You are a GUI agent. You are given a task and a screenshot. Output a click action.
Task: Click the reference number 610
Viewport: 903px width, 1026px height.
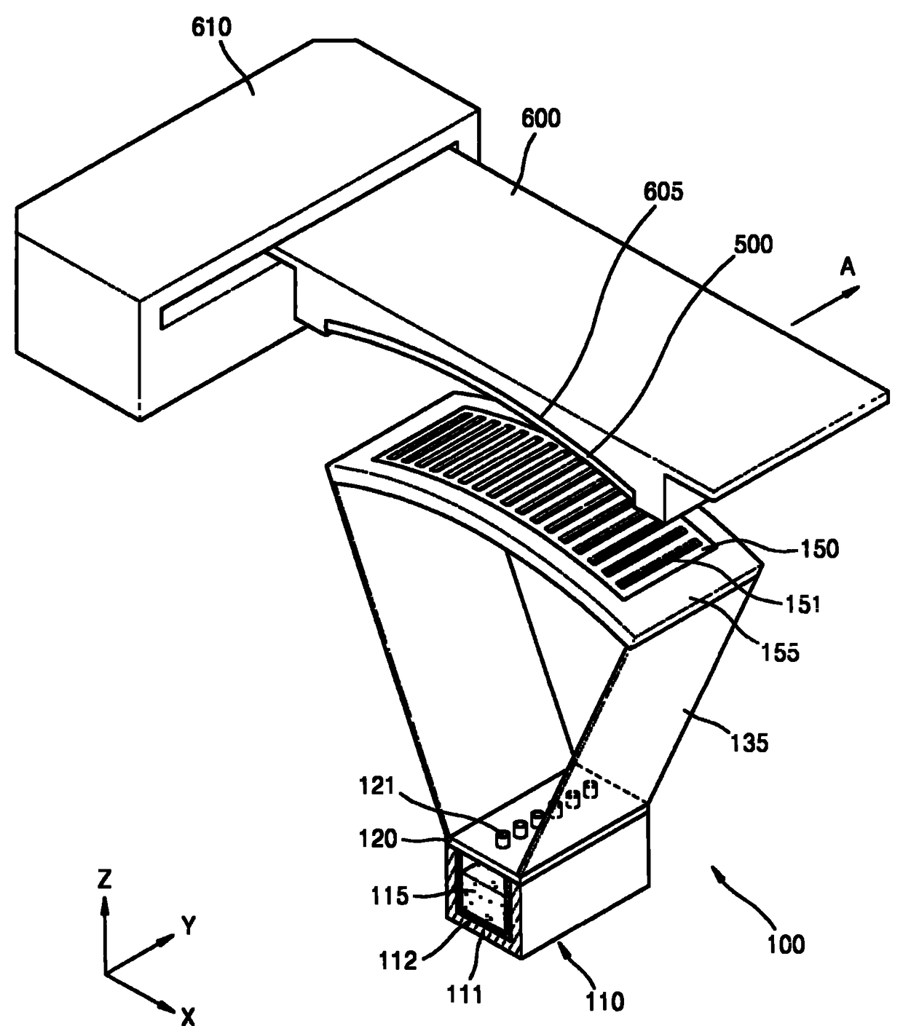[x=212, y=29]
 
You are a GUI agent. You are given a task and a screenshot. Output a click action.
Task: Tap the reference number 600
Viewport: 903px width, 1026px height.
[x=541, y=117]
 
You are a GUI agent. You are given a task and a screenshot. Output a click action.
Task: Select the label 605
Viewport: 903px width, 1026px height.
[x=664, y=193]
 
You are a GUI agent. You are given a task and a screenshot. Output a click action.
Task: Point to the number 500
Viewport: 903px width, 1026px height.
[x=753, y=245]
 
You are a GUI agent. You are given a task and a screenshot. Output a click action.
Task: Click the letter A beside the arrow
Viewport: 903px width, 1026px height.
[x=847, y=269]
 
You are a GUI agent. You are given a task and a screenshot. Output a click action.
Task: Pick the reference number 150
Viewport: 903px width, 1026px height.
[x=820, y=550]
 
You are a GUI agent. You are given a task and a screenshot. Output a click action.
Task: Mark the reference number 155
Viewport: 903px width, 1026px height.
[x=781, y=651]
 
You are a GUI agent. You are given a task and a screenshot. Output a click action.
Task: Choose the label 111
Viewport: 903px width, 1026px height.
[x=466, y=993]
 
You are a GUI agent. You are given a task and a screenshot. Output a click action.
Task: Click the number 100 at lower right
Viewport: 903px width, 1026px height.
[x=785, y=944]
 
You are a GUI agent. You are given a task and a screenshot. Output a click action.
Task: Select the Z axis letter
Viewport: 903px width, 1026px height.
[x=106, y=881]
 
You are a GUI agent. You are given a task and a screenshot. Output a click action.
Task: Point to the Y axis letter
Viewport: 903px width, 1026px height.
[x=189, y=926]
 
